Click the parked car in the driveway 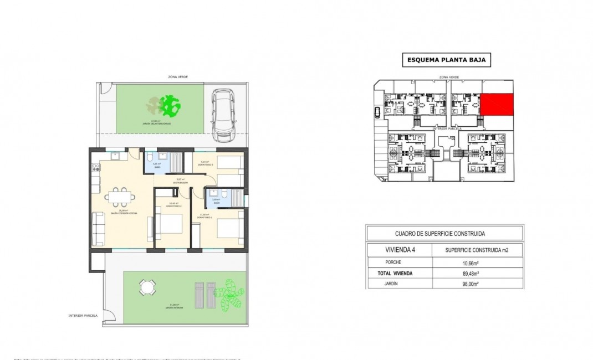(223, 114)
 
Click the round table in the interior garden (147, 286)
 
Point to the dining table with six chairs (117, 196)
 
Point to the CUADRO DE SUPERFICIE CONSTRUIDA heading (444, 234)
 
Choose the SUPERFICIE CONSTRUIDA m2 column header (476, 250)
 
